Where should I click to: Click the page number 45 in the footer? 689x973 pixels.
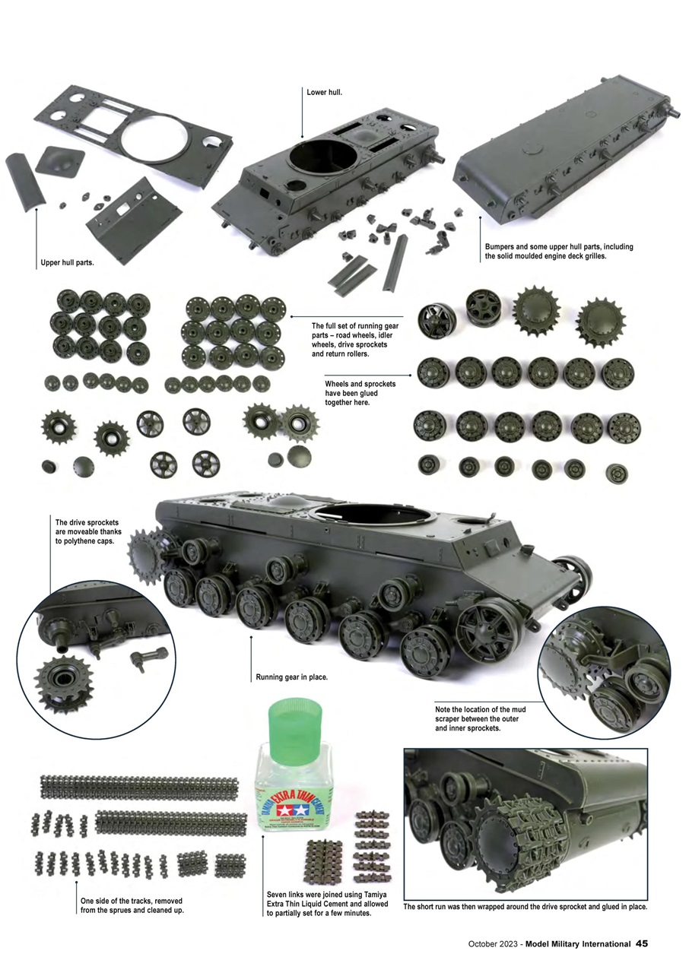pos(641,943)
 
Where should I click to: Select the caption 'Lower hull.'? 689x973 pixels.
pos(325,93)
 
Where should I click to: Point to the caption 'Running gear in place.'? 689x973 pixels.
pos(291,676)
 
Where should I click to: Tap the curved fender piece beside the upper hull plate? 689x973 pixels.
pos(25,183)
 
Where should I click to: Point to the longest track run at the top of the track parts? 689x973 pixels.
pos(139,784)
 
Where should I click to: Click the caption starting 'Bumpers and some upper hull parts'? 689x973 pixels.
pos(559,252)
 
